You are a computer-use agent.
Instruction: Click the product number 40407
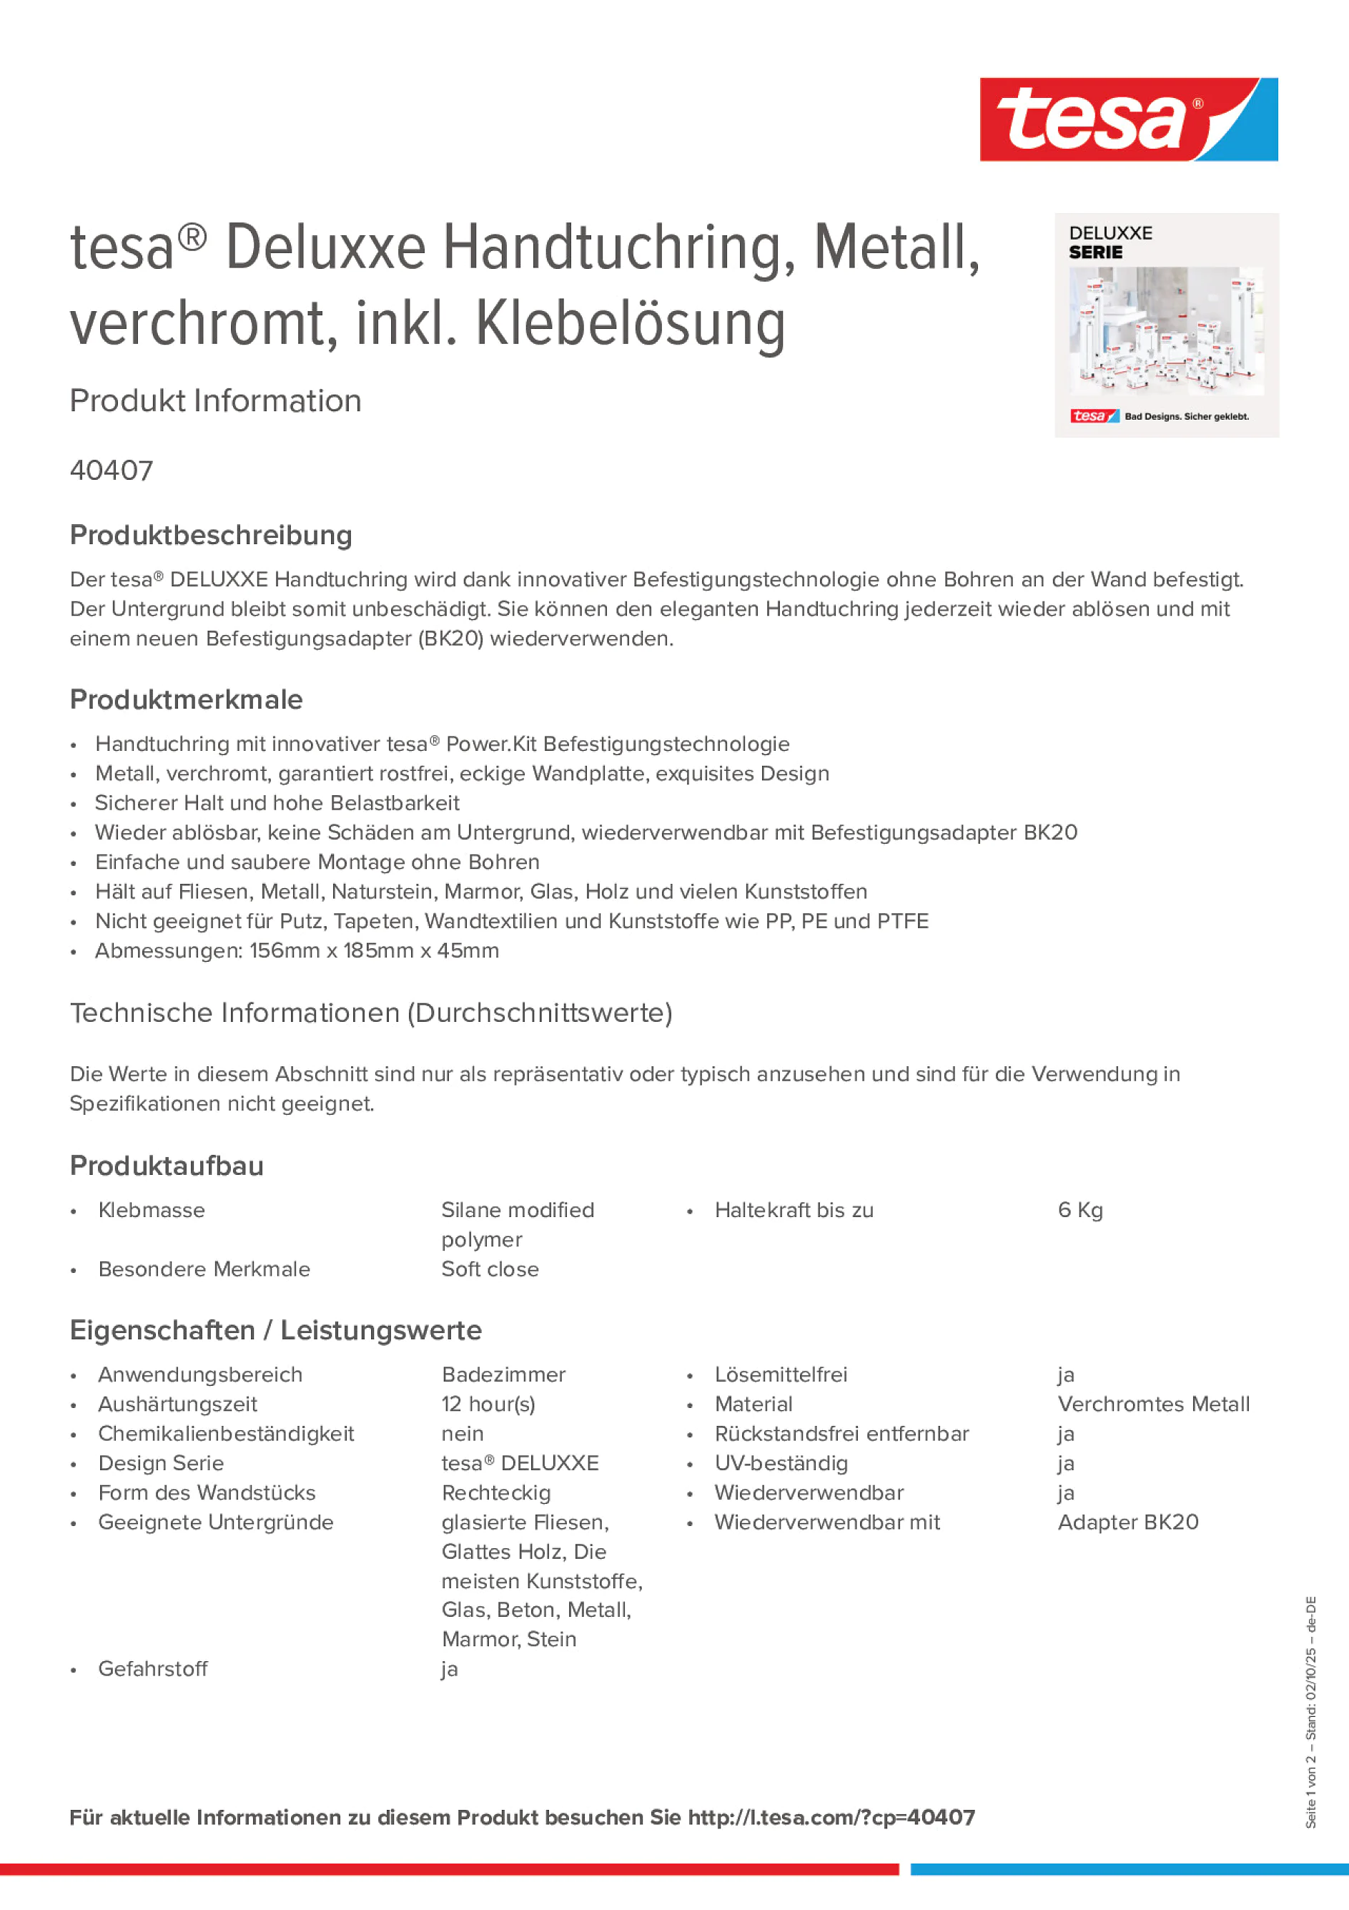click(x=112, y=471)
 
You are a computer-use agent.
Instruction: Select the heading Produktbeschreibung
click(x=210, y=535)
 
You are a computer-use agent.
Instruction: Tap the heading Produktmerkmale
click(x=187, y=699)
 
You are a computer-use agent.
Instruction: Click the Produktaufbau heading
click(x=167, y=1166)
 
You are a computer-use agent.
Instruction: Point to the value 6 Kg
click(x=1079, y=1211)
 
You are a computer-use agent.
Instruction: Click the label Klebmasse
click(x=152, y=1211)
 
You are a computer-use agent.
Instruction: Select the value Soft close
click(x=490, y=1269)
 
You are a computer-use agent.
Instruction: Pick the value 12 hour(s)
click(x=488, y=1404)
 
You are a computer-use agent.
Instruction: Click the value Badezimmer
click(x=503, y=1375)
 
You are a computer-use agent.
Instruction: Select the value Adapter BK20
click(x=1128, y=1522)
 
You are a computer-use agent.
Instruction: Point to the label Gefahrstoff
click(x=153, y=1669)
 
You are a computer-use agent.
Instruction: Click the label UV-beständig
click(x=781, y=1463)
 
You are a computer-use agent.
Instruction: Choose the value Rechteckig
click(x=495, y=1493)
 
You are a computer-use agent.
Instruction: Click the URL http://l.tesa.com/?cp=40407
click(x=831, y=1818)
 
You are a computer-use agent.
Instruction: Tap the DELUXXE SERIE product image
click(x=1166, y=325)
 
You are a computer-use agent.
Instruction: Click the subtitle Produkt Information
click(x=215, y=401)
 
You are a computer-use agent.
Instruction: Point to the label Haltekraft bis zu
click(x=794, y=1211)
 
